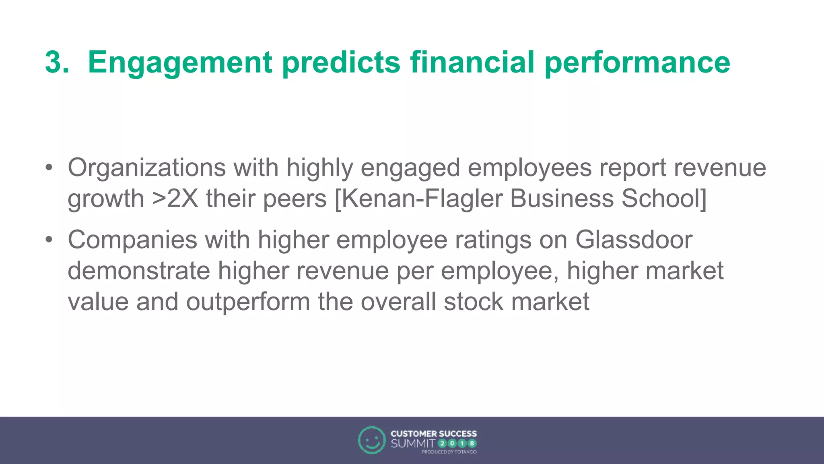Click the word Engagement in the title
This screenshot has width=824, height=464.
tap(180, 63)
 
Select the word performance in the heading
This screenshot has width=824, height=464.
tap(637, 63)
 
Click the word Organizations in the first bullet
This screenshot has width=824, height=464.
tap(146, 168)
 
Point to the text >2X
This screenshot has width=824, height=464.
tap(175, 199)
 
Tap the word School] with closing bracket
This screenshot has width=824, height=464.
tap(664, 199)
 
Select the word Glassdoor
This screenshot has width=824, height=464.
tap(634, 240)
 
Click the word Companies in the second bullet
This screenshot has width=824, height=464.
tap(132, 240)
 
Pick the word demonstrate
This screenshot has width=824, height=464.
tap(139, 271)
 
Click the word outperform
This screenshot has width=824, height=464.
tap(248, 302)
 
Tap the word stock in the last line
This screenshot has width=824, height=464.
tap(473, 302)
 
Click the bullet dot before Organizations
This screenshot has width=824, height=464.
tap(49, 168)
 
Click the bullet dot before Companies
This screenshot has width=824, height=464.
tap(49, 240)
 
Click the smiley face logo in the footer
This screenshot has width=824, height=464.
tap(371, 440)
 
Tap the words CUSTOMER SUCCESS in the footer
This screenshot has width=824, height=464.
tap(433, 434)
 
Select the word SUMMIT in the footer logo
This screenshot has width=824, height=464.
tap(412, 444)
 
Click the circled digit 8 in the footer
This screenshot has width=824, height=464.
tap(472, 444)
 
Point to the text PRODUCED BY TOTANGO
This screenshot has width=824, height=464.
tap(449, 452)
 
